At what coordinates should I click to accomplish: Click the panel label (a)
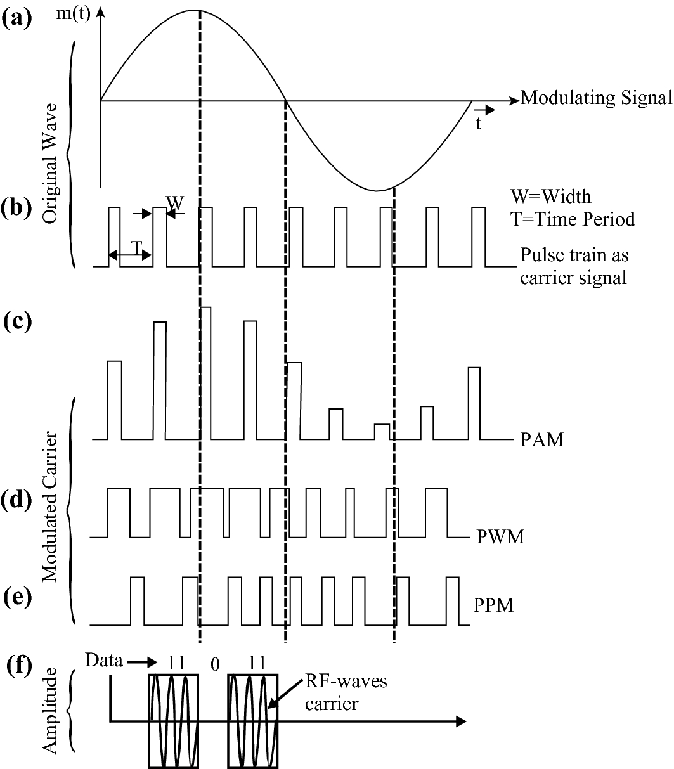16,18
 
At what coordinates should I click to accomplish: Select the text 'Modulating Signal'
595,98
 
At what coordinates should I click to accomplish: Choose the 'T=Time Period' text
572,219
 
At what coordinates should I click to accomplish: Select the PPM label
493,605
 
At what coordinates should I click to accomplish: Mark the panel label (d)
17,500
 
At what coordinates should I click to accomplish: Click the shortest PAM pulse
382,431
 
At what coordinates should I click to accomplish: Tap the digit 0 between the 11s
215,664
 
